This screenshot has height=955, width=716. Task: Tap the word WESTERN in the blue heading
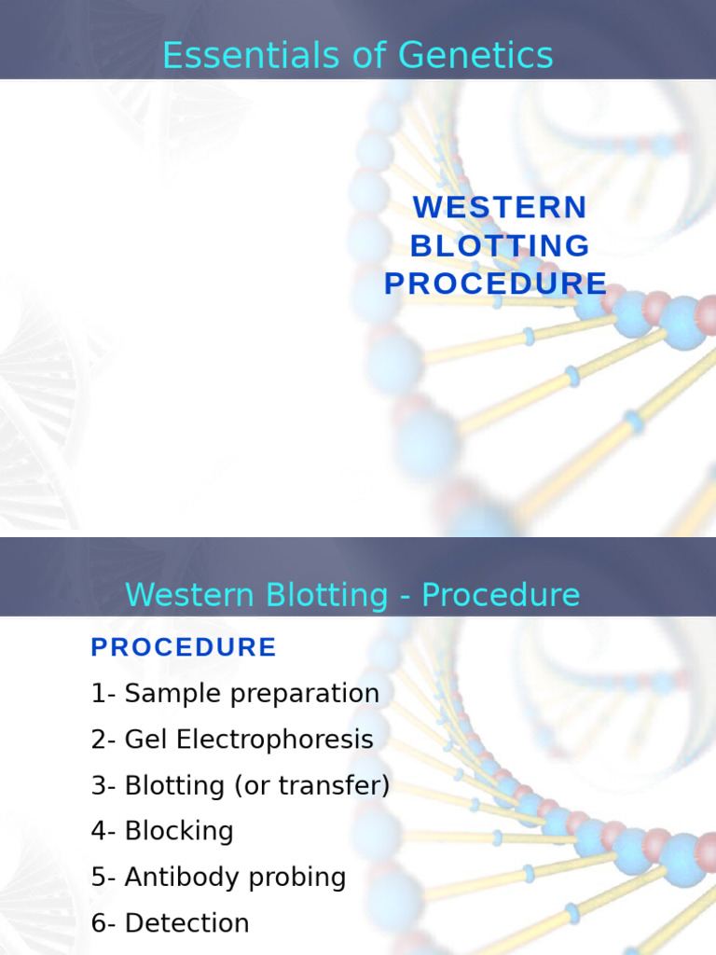(500, 207)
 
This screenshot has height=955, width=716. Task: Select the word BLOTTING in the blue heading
(500, 246)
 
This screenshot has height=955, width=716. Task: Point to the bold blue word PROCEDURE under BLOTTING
(495, 284)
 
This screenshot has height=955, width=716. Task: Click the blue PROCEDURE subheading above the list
(184, 647)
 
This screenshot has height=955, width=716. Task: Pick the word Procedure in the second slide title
(501, 595)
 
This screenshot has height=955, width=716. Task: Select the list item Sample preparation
(252, 694)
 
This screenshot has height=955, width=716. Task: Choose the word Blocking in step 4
(179, 831)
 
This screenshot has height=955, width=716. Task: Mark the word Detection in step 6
(186, 923)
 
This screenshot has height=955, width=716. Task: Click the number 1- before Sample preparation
(103, 694)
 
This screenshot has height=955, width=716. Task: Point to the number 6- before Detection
(103, 923)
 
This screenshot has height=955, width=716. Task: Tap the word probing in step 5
(301, 878)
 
